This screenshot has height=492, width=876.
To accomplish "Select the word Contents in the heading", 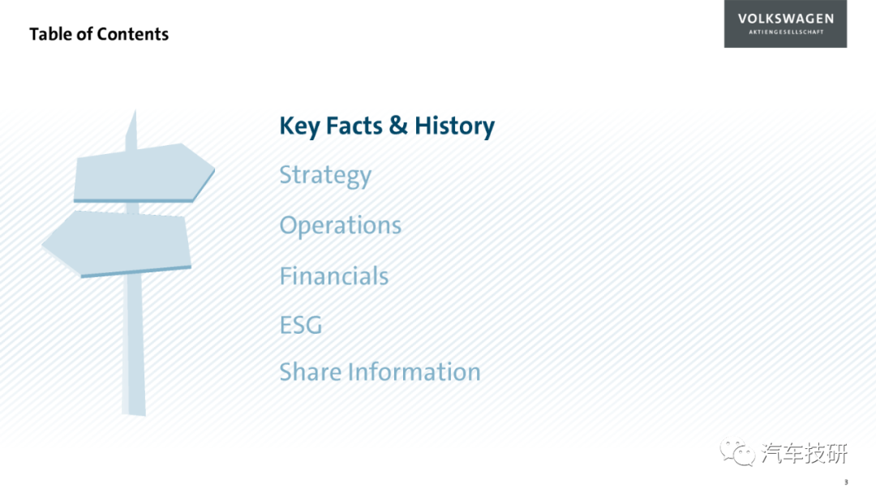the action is pos(132,34).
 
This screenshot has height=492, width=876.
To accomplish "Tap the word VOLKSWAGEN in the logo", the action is pos(785,19).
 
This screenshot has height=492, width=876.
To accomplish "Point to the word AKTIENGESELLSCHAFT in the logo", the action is pos(786,32).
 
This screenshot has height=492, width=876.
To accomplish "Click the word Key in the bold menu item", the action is pos(299,126).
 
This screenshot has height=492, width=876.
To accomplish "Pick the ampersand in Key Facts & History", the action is pos(398,125).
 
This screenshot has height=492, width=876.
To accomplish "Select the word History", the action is pos(454,126).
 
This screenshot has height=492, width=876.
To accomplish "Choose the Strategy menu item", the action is pos(325,175).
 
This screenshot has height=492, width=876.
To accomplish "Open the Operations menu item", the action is pos(340,225).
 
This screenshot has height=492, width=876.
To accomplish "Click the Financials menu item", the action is pos(334,276).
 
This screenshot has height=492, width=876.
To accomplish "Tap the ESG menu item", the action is pos(301,325).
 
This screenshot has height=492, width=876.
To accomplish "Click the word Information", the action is pos(414,372).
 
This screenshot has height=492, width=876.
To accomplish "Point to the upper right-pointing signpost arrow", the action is pos(144,173).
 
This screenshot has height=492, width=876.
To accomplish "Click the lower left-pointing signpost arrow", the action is pos(117,243).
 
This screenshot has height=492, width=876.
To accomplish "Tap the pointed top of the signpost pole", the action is pos(135,110).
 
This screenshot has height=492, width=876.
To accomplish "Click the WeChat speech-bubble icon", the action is pos(737,451).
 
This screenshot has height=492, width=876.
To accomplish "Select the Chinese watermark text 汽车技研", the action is pos(805,453).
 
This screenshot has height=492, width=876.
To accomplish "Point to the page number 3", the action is pos(846,482).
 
